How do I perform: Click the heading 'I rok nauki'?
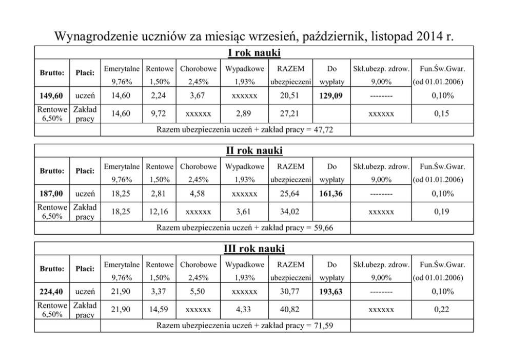pyautogui.click(x=254, y=53)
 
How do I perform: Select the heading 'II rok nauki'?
pyautogui.click(x=254, y=151)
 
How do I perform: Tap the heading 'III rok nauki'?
pyautogui.click(x=254, y=249)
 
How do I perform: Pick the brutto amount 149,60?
pyautogui.click(x=51, y=96)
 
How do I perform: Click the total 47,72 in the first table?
pyautogui.click(x=323, y=130)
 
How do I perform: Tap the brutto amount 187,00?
pyautogui.click(x=51, y=194)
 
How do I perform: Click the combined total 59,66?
pyautogui.click(x=323, y=228)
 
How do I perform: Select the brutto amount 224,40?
pyautogui.click(x=51, y=292)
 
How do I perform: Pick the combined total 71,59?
pyautogui.click(x=323, y=326)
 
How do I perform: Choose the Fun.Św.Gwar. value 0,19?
pyautogui.click(x=442, y=212)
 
